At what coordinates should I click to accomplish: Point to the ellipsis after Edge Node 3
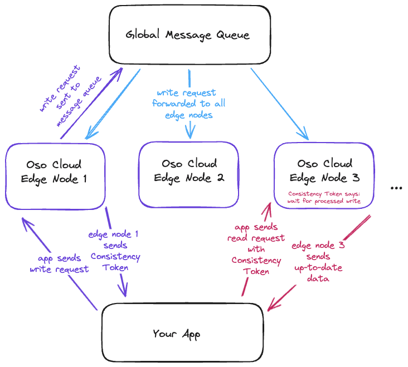(396, 189)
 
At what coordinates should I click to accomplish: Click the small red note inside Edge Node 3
(324, 197)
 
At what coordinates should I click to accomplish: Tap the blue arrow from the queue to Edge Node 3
(279, 102)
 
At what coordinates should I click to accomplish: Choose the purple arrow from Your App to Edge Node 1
(59, 262)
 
